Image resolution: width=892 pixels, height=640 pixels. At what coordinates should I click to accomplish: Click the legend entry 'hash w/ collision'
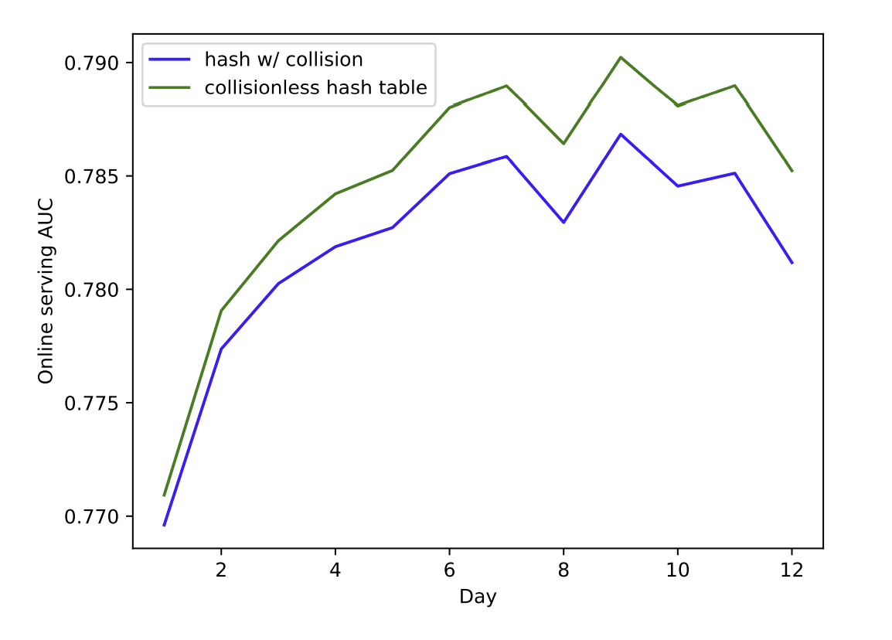[x=283, y=60]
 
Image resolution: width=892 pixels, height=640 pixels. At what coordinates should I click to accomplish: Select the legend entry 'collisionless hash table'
[x=315, y=87]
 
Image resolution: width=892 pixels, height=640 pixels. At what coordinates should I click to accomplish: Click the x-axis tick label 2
[x=221, y=570]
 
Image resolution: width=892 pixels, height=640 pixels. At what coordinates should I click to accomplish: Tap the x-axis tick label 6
[x=449, y=570]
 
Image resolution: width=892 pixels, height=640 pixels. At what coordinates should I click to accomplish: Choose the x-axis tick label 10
[x=678, y=570]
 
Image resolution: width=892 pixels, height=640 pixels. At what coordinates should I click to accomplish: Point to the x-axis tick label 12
[x=792, y=570]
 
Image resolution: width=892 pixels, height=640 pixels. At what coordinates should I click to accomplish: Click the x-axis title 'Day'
[x=478, y=597]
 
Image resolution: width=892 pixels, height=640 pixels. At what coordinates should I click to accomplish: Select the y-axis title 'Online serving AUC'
[x=46, y=290]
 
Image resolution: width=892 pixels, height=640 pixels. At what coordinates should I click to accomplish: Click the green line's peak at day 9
[x=621, y=57]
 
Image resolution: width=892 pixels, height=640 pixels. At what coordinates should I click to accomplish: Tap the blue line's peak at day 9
[x=621, y=134]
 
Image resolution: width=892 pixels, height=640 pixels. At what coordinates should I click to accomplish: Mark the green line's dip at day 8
[x=563, y=144]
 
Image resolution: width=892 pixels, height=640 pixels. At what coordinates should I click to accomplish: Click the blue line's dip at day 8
[x=563, y=223]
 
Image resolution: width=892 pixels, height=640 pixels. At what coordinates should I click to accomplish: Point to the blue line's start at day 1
[x=164, y=526]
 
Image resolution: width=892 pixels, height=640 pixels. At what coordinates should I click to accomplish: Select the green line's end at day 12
[x=792, y=171]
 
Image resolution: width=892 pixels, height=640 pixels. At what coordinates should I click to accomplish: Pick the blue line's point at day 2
[x=221, y=349]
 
